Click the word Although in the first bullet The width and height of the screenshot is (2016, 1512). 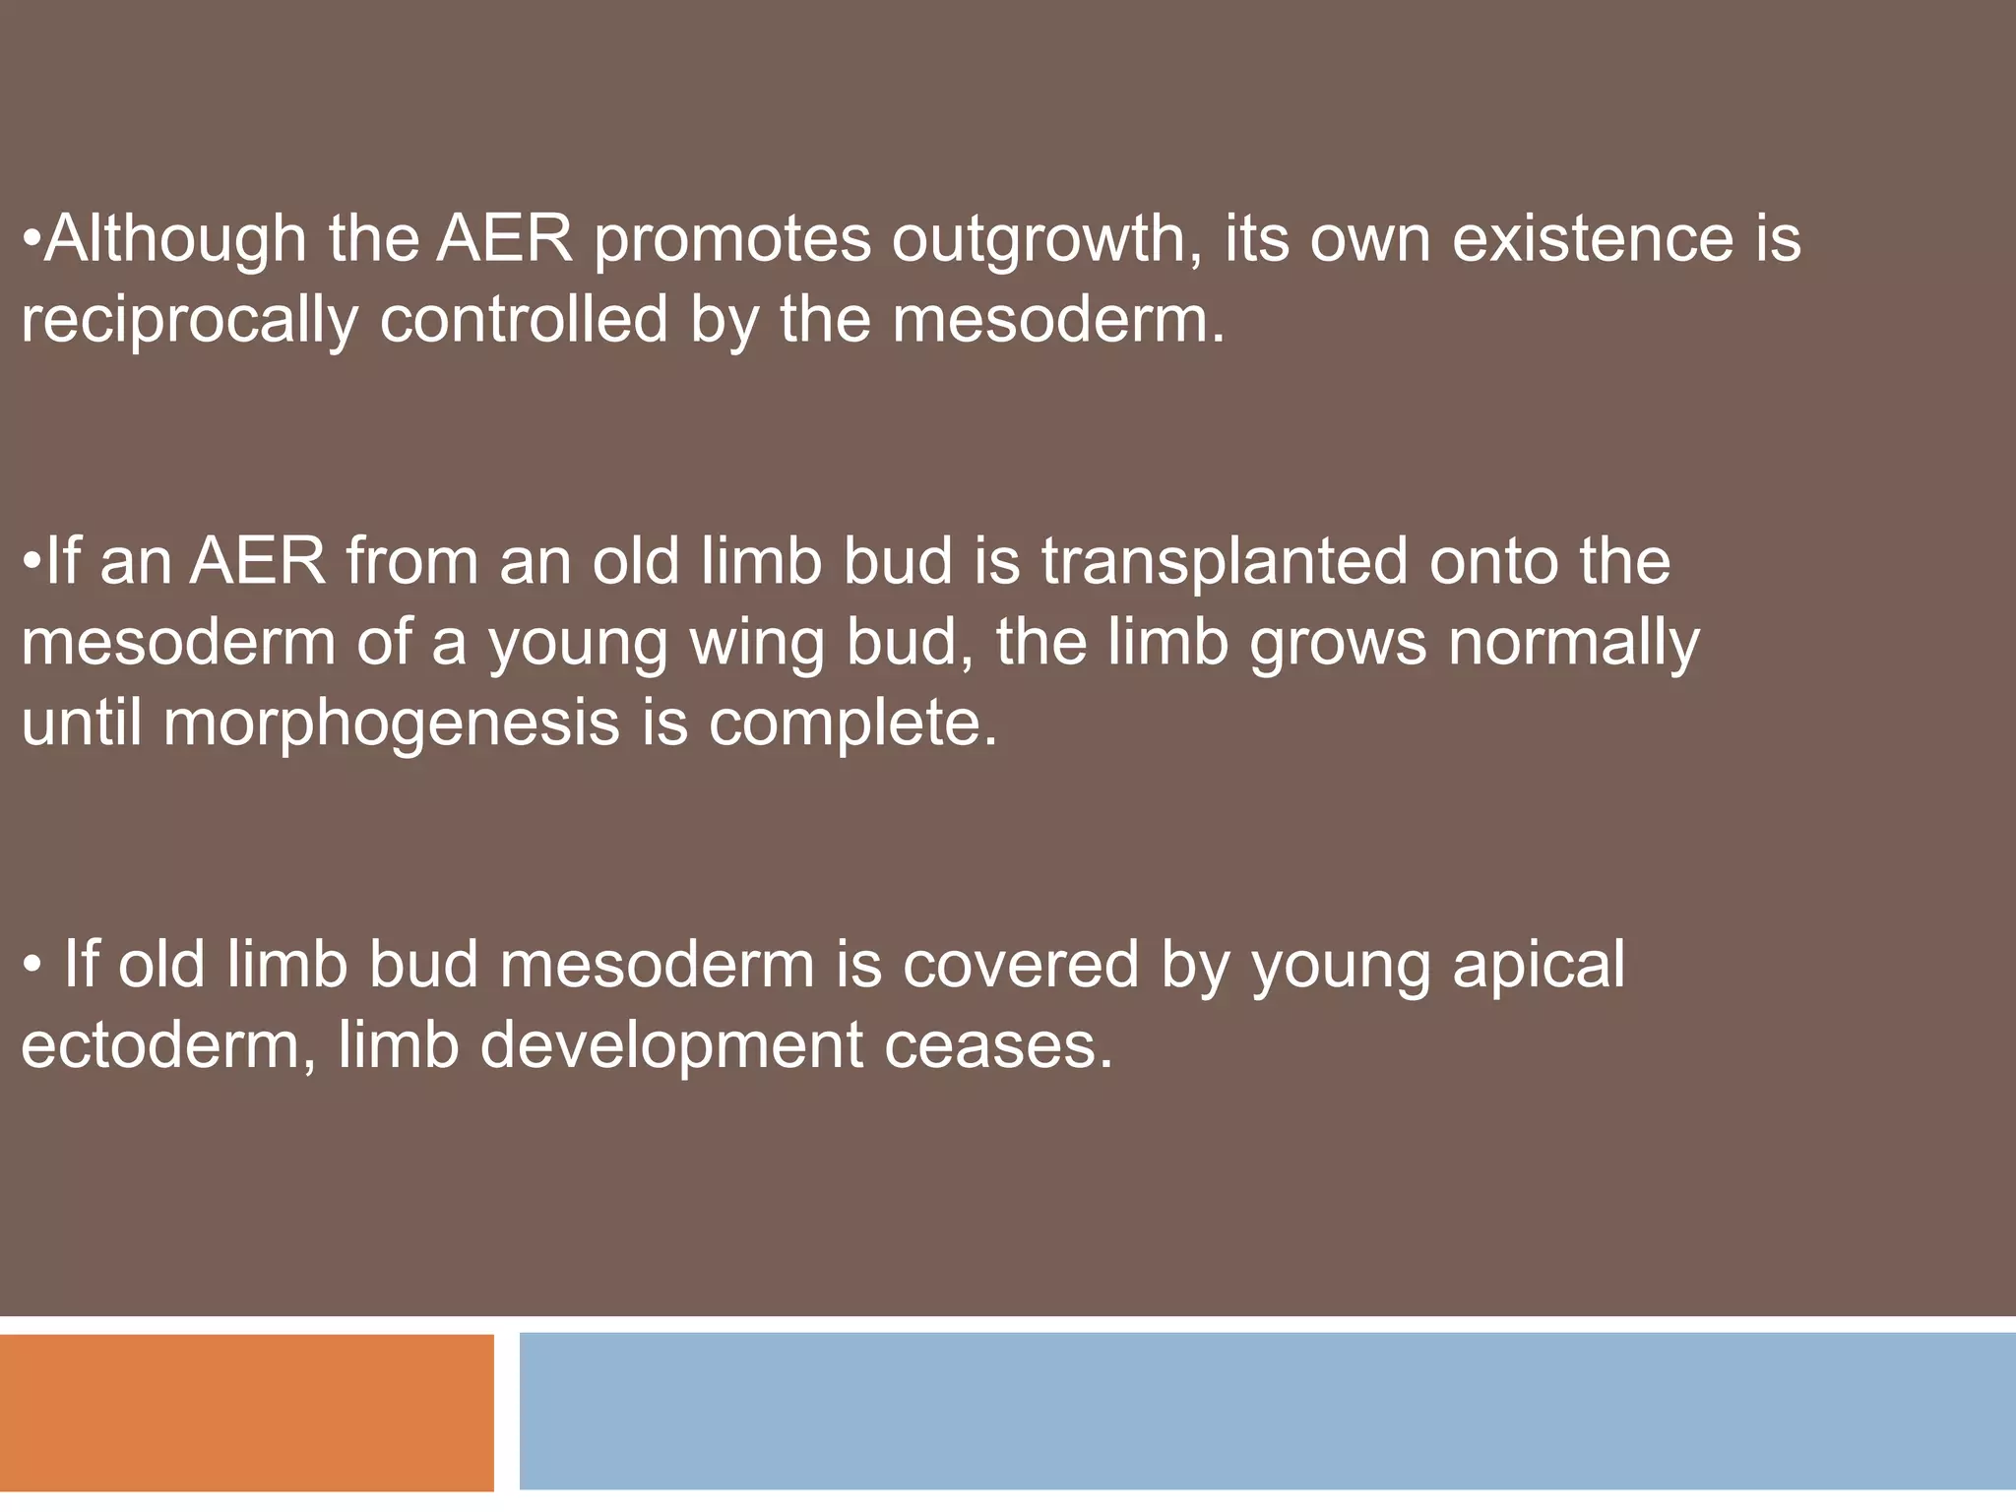175,239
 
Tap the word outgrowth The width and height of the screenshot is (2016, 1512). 1045,239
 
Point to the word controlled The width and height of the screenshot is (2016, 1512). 524,320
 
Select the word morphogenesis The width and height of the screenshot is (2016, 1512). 391,724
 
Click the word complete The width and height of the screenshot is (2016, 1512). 852,724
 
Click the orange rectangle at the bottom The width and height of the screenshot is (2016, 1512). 246,1412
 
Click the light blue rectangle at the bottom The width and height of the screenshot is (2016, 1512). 1267,1411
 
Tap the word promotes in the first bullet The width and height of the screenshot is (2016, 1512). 732,239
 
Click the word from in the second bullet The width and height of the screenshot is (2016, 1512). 411,562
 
